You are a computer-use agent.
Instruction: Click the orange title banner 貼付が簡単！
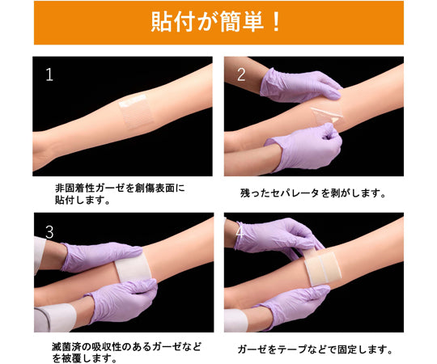(x=218, y=22)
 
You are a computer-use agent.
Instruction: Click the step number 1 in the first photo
(x=49, y=75)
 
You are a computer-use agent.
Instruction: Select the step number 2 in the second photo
(x=241, y=75)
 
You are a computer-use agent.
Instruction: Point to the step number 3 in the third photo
(x=49, y=232)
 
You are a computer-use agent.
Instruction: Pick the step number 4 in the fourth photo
(x=241, y=232)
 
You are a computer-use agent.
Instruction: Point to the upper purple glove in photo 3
(x=101, y=256)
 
